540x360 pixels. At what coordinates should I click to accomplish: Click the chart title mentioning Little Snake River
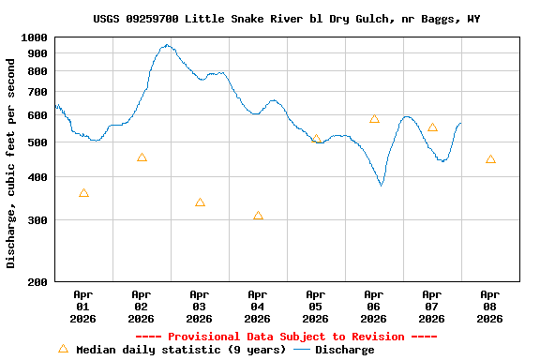click(287, 19)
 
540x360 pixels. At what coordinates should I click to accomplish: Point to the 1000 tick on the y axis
click(35, 37)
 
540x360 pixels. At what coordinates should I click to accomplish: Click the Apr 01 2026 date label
click(83, 306)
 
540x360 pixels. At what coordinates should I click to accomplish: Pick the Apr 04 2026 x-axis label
click(258, 306)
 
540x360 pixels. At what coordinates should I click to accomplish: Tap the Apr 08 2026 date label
click(490, 306)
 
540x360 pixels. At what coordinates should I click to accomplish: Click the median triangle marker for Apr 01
click(83, 193)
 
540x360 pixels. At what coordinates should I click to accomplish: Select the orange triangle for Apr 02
click(142, 157)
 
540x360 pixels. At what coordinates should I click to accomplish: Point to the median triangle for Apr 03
click(200, 202)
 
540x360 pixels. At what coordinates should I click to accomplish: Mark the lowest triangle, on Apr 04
click(258, 216)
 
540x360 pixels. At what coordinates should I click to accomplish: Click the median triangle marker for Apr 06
click(374, 119)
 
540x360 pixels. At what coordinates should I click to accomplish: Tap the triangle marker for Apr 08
click(490, 159)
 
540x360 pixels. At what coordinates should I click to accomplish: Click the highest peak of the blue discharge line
click(167, 44)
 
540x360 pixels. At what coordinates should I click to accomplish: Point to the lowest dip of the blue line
click(381, 185)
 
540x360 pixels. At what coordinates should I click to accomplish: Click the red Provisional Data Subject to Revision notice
click(287, 337)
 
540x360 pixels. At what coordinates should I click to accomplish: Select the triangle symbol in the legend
click(63, 349)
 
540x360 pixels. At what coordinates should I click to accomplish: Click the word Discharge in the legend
click(344, 350)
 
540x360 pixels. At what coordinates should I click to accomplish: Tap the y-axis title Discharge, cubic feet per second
click(11, 163)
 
